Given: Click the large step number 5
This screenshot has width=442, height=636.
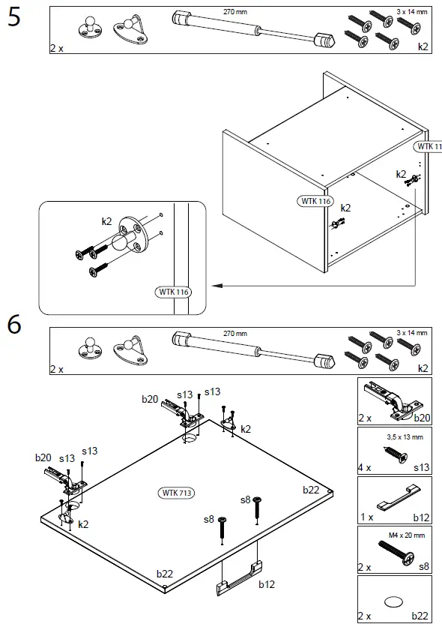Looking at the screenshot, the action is point(13,17).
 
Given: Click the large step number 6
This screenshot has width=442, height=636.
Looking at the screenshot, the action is point(14,325).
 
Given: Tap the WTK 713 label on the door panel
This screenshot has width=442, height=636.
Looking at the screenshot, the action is point(176,493).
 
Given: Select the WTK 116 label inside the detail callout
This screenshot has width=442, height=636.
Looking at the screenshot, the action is point(173,292).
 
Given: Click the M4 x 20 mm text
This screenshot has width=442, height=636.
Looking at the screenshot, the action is point(407,535).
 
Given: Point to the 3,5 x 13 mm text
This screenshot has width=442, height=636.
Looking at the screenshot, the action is point(405,436).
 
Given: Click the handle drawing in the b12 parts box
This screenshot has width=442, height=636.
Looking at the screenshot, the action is point(399,497).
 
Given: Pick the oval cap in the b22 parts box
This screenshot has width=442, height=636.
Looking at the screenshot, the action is point(393,602).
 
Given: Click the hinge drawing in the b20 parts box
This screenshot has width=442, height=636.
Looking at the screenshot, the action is point(393,400).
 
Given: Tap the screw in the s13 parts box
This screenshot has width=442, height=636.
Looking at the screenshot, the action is point(395,454).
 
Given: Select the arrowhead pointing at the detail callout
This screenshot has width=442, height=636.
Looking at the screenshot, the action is point(217,286).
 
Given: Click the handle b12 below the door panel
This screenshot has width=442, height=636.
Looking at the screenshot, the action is point(240,578).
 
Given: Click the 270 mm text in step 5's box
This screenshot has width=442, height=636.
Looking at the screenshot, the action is point(235,12).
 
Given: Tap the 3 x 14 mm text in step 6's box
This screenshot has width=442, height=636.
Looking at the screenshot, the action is point(411,332).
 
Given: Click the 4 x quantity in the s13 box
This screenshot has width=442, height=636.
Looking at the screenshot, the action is point(365,467).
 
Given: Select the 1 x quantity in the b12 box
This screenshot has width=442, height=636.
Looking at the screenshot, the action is point(366,517).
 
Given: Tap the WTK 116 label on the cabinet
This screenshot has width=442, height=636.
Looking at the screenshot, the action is point(316,201).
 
